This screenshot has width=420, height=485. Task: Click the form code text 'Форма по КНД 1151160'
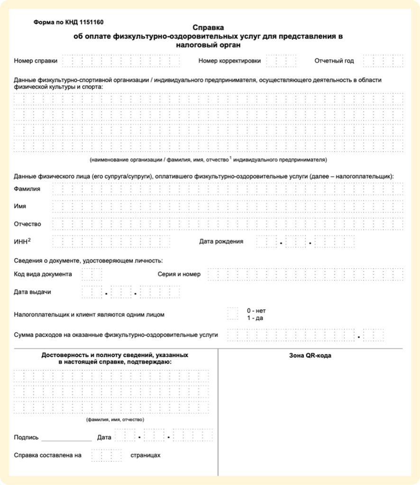click(x=69, y=22)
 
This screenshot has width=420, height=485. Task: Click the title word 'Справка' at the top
click(x=208, y=28)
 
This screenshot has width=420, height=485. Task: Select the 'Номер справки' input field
click(x=121, y=61)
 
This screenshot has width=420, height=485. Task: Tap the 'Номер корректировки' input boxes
click(x=281, y=61)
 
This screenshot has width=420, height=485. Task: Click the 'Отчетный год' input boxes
click(x=383, y=61)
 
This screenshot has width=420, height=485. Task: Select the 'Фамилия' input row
click(x=228, y=189)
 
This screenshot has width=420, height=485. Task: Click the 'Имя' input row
click(x=228, y=207)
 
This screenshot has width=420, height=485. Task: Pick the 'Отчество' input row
click(x=228, y=224)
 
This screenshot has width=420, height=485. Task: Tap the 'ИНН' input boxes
click(x=111, y=242)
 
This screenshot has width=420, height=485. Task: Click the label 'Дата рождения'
click(x=221, y=242)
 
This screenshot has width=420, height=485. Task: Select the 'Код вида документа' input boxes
click(x=91, y=274)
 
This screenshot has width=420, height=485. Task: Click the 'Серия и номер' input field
click(x=305, y=274)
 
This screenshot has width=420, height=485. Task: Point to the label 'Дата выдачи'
click(x=32, y=292)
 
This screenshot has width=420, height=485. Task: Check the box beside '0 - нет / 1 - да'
click(x=232, y=314)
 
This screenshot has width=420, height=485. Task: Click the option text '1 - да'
click(x=255, y=318)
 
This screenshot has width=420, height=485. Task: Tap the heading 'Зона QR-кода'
click(x=310, y=356)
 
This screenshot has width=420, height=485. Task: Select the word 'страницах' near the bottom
click(x=146, y=455)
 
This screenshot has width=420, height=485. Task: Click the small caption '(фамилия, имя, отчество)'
click(x=115, y=420)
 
